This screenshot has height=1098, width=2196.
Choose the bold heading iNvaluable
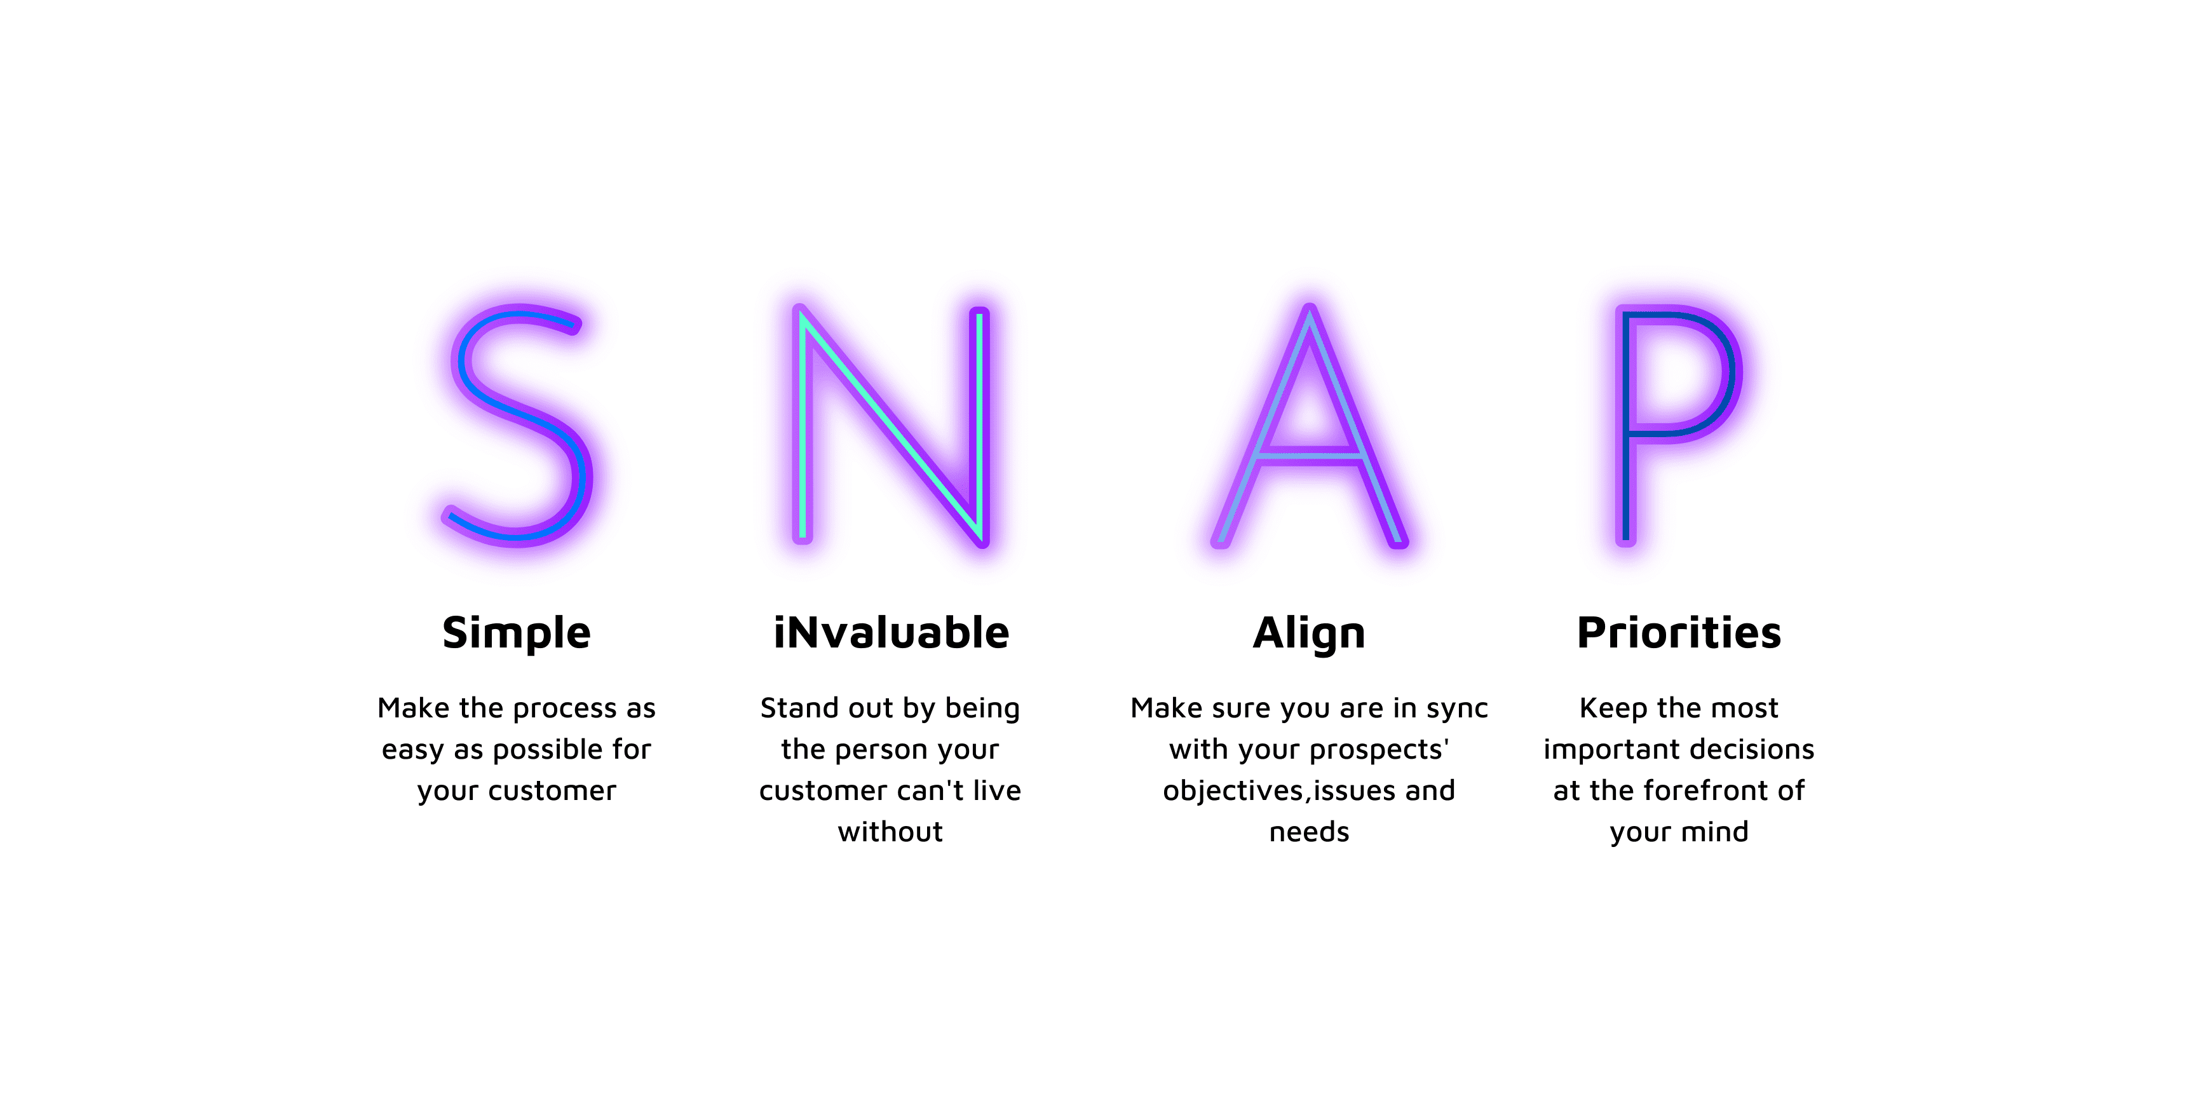click(891, 632)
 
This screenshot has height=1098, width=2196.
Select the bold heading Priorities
click(1679, 632)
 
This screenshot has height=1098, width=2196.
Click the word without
click(891, 831)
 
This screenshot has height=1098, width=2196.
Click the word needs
click(1310, 831)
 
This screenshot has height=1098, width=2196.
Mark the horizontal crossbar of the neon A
click(1310, 457)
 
